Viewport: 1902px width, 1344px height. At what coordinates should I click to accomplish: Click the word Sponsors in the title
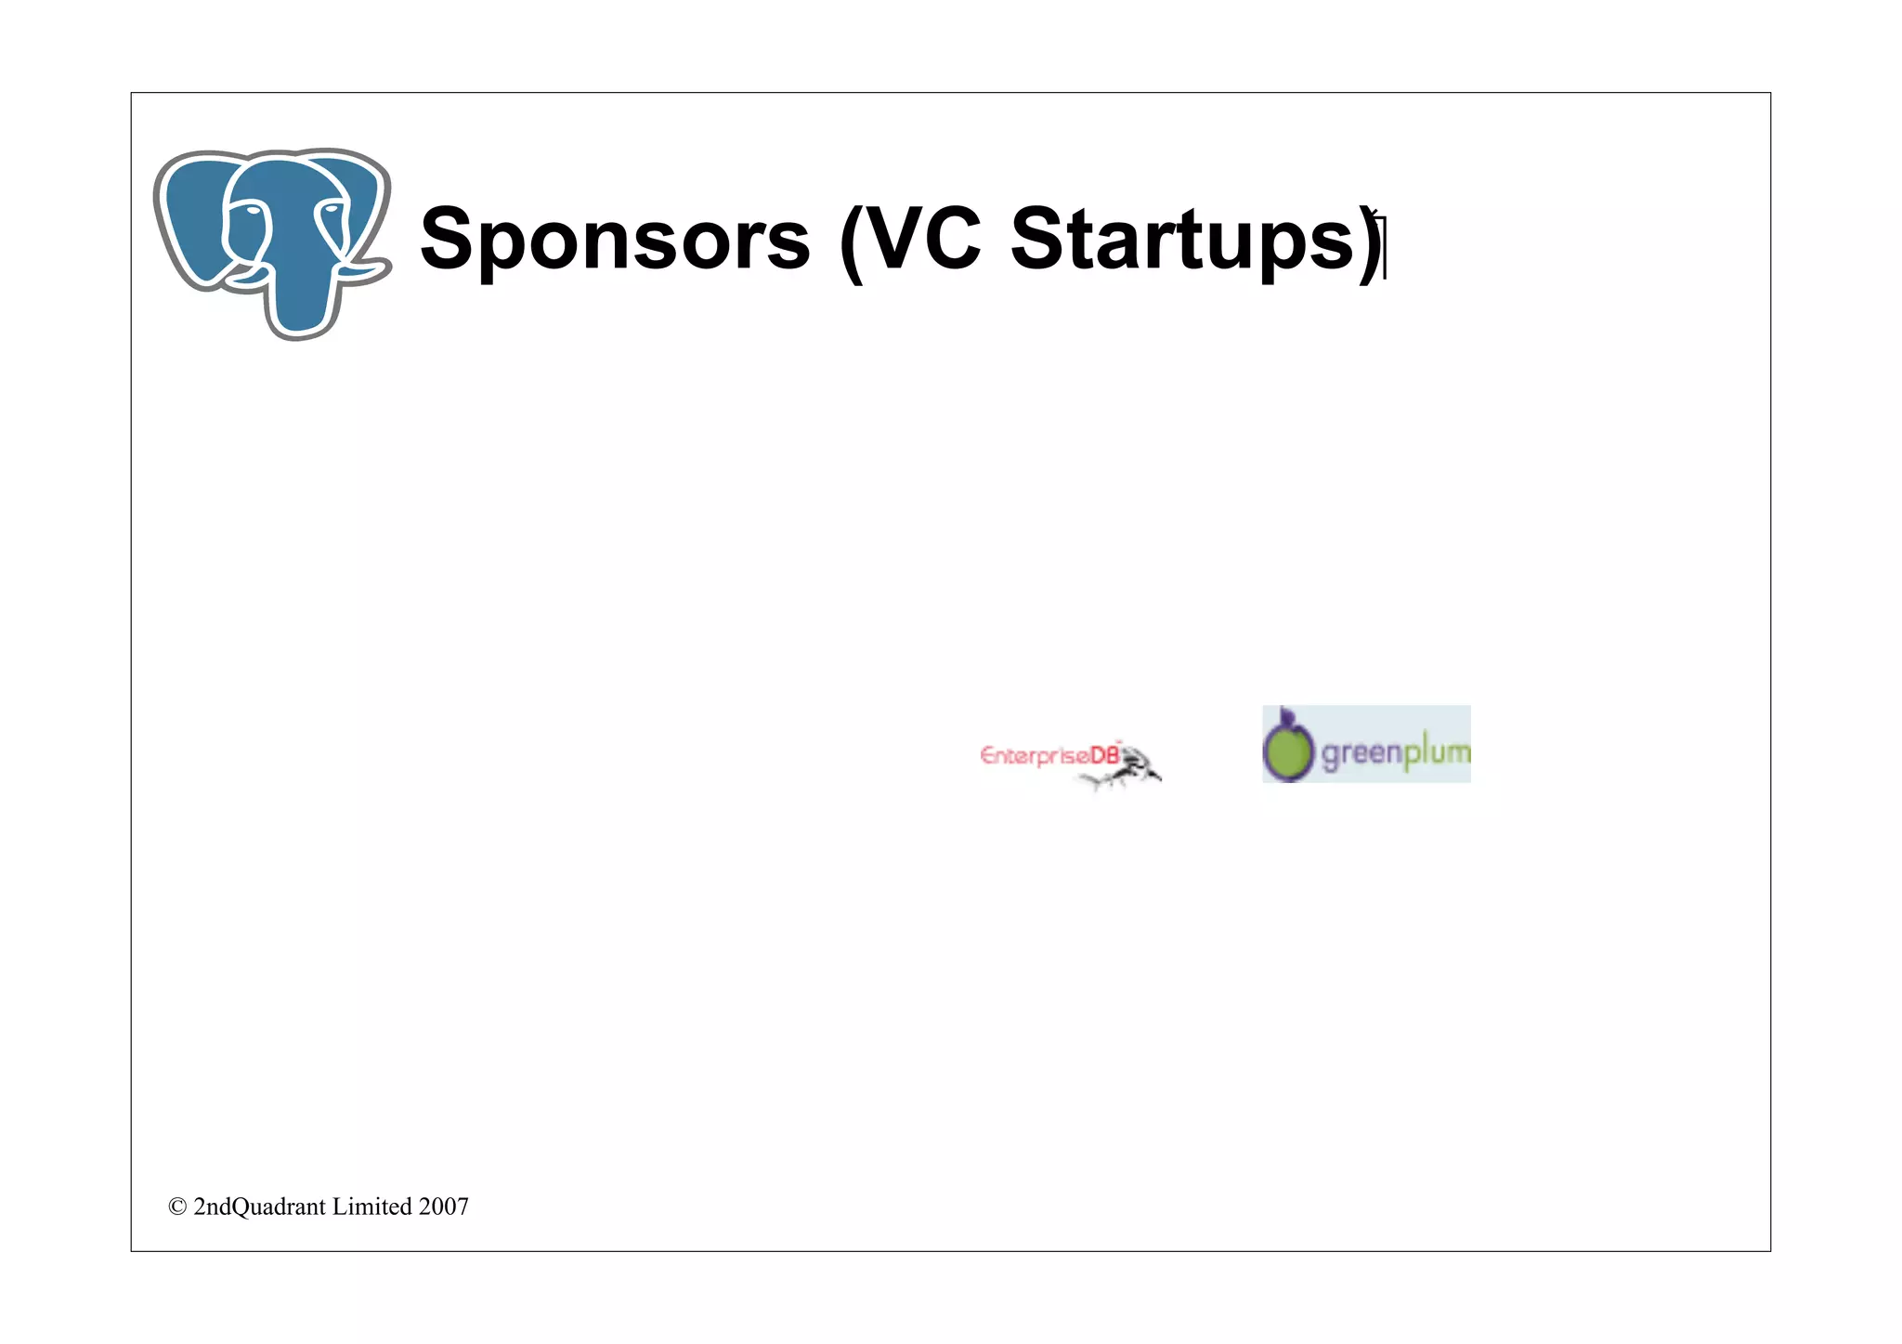(x=615, y=240)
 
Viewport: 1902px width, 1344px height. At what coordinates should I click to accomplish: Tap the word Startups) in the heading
(x=1196, y=240)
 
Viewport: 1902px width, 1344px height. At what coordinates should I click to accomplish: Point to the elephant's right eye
(x=331, y=213)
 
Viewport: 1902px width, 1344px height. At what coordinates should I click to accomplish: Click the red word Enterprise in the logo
(x=1034, y=756)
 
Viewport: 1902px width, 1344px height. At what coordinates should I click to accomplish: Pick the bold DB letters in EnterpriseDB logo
(x=1105, y=755)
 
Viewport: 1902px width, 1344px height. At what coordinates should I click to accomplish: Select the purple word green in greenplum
(x=1361, y=753)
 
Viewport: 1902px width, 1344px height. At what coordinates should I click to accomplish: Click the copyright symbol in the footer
(x=177, y=1207)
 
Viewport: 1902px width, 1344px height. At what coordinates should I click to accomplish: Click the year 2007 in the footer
(x=443, y=1207)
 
